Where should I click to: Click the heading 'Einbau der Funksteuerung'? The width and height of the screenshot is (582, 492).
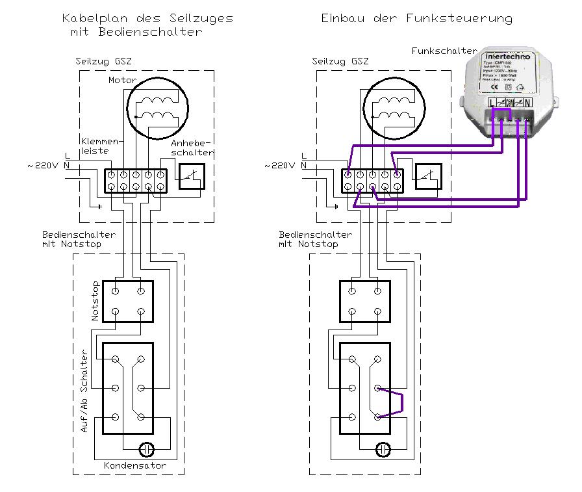(x=416, y=18)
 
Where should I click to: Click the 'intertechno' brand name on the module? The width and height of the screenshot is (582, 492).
(x=507, y=57)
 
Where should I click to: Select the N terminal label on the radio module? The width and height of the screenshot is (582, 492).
(x=527, y=103)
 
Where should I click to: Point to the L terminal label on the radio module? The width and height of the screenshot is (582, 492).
(x=490, y=103)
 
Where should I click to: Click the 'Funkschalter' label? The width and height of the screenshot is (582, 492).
(x=445, y=51)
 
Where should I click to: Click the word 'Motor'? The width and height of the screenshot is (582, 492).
(x=122, y=80)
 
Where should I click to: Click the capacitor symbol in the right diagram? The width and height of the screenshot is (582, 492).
(x=383, y=448)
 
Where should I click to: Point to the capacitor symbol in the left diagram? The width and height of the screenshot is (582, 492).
(x=147, y=448)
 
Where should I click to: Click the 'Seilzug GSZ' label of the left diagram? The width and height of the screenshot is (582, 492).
(x=104, y=62)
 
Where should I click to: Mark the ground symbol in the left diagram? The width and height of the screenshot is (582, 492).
(x=99, y=207)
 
